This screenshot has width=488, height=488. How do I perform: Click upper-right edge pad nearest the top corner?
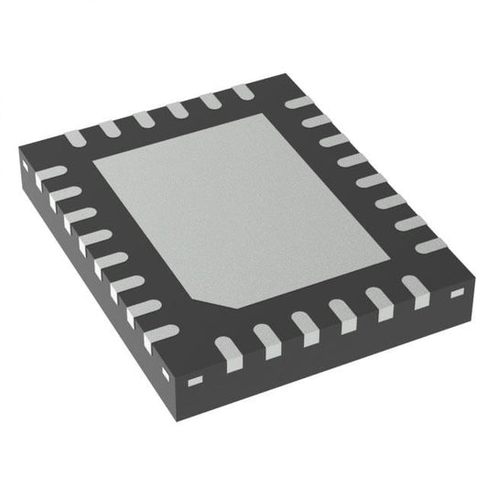[298, 103]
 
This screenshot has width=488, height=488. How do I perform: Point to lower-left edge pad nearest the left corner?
[54, 171]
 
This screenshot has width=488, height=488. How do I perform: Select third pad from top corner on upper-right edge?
[332, 140]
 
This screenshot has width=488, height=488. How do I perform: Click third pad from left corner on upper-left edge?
[141, 120]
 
